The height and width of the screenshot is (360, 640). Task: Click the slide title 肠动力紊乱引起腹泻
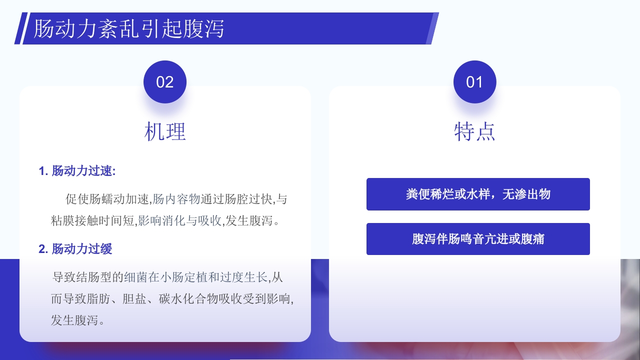click(129, 28)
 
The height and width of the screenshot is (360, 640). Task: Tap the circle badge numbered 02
click(165, 82)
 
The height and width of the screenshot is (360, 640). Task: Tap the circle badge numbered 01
click(474, 82)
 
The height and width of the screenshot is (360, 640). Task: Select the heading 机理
click(165, 132)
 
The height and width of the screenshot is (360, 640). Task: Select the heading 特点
click(474, 132)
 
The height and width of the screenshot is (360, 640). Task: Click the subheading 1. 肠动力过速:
click(77, 171)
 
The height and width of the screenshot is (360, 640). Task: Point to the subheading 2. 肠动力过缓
click(75, 248)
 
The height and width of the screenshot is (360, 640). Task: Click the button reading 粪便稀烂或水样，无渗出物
click(478, 194)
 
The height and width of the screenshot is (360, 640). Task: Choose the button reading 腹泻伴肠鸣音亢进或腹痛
click(478, 239)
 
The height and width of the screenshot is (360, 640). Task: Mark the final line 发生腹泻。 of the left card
click(78, 320)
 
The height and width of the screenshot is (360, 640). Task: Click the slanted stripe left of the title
click(18, 28)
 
